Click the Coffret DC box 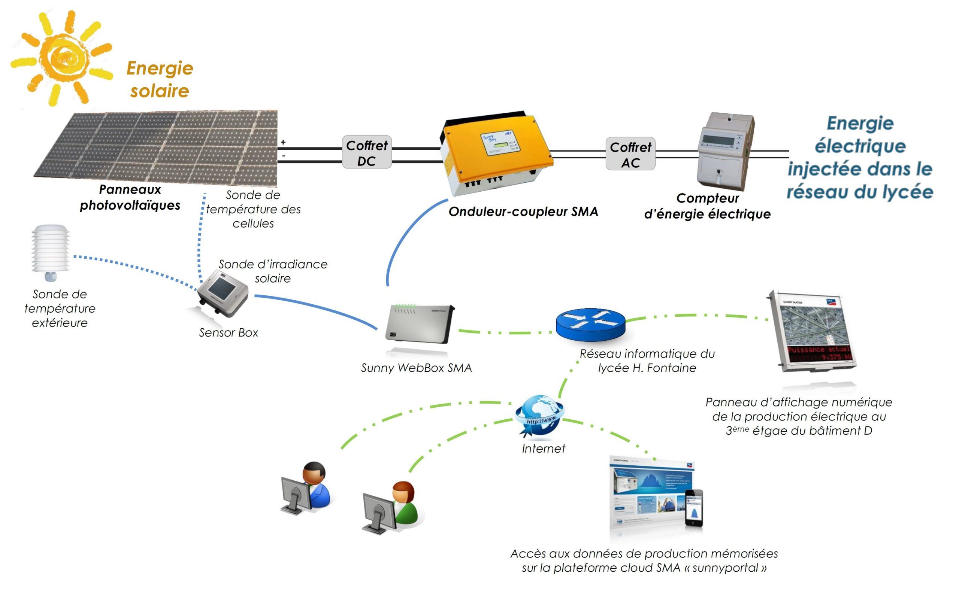(366, 152)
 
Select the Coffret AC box (630, 154)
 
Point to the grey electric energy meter (726, 152)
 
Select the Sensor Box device (223, 293)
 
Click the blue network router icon (590, 324)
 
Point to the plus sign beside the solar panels (283, 142)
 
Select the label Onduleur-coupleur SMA (523, 212)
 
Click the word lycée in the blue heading (907, 192)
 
